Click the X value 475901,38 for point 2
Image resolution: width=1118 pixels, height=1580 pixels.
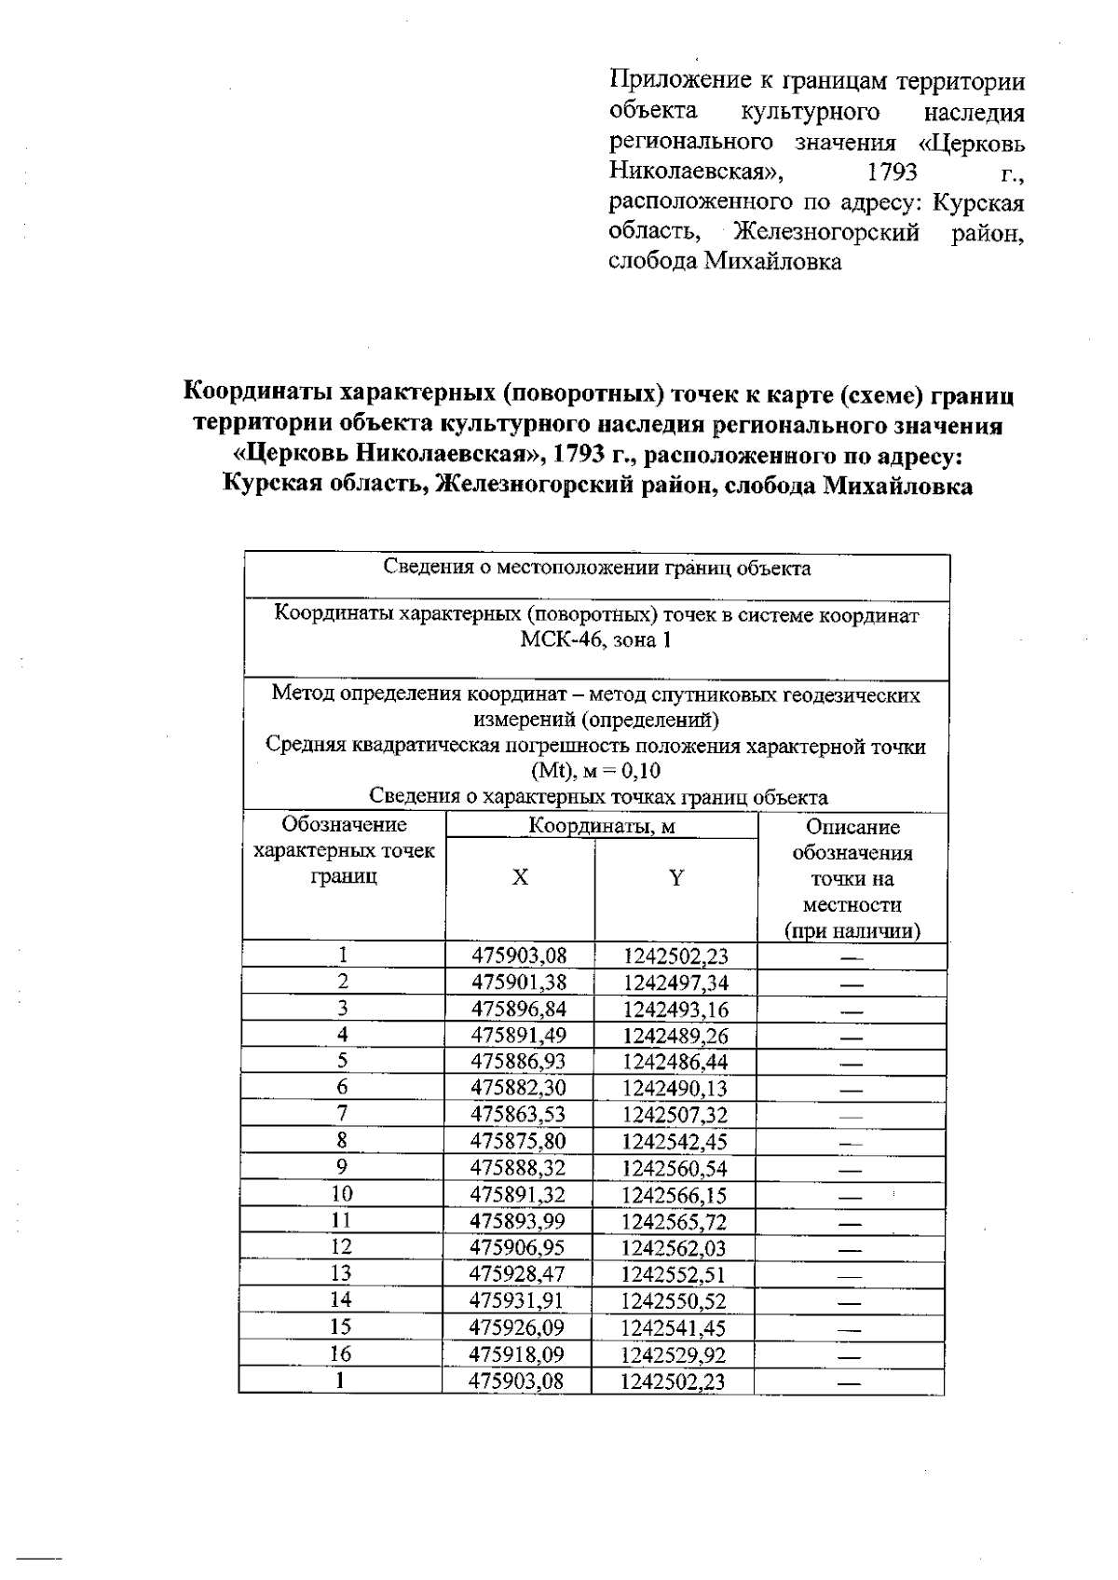[x=519, y=982]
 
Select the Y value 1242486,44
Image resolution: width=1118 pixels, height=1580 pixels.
[x=675, y=1062]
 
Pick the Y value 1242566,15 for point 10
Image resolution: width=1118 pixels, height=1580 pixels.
[x=675, y=1195]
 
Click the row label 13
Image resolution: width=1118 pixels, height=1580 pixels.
[x=341, y=1273]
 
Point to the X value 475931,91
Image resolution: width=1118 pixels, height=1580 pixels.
[x=518, y=1300]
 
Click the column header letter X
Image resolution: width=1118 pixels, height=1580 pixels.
[x=520, y=878]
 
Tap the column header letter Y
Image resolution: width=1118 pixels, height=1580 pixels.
[x=676, y=878]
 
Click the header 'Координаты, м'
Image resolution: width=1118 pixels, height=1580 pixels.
[x=601, y=826]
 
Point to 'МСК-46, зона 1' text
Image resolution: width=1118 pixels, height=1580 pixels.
[x=596, y=640]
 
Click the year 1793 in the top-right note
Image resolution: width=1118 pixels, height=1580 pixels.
[x=892, y=172]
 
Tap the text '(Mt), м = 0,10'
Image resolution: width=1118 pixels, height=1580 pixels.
[x=596, y=771]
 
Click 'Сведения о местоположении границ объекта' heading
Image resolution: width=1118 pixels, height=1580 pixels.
[x=596, y=569]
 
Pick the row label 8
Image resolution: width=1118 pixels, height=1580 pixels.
[x=343, y=1140]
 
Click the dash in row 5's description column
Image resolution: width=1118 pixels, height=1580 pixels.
[x=850, y=1063]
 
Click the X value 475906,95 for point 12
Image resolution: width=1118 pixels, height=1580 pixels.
[x=518, y=1247]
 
